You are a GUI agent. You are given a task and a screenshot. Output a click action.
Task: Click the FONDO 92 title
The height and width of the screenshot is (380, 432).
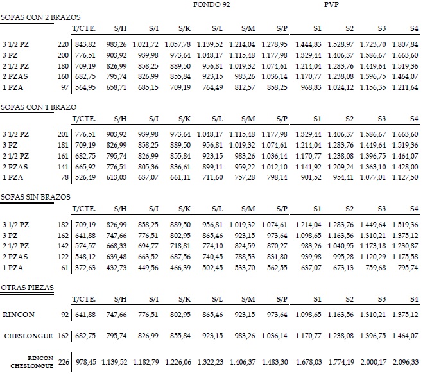[212, 4]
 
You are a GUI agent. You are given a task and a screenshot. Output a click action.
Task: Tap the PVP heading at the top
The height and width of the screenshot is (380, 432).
[332, 4]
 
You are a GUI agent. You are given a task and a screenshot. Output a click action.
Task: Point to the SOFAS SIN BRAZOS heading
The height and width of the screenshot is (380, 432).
[36, 196]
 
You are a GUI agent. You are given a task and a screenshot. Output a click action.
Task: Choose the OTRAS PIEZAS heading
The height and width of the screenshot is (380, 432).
[27, 286]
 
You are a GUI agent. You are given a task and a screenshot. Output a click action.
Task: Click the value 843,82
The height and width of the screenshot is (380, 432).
[85, 44]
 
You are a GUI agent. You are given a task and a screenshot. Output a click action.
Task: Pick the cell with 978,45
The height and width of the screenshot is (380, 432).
[85, 362]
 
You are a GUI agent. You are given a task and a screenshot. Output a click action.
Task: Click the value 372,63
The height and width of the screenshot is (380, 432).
[85, 267]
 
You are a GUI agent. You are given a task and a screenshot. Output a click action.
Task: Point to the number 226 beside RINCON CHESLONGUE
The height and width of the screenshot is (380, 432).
[64, 362]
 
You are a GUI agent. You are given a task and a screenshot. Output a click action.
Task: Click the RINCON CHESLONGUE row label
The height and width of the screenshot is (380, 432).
[32, 362]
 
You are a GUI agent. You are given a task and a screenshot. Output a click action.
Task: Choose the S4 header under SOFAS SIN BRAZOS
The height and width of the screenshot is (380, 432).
[413, 209]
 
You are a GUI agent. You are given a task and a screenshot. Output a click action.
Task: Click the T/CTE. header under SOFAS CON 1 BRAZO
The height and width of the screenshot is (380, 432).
[83, 119]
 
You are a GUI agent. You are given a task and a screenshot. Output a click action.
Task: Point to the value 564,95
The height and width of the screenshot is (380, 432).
[85, 87]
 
